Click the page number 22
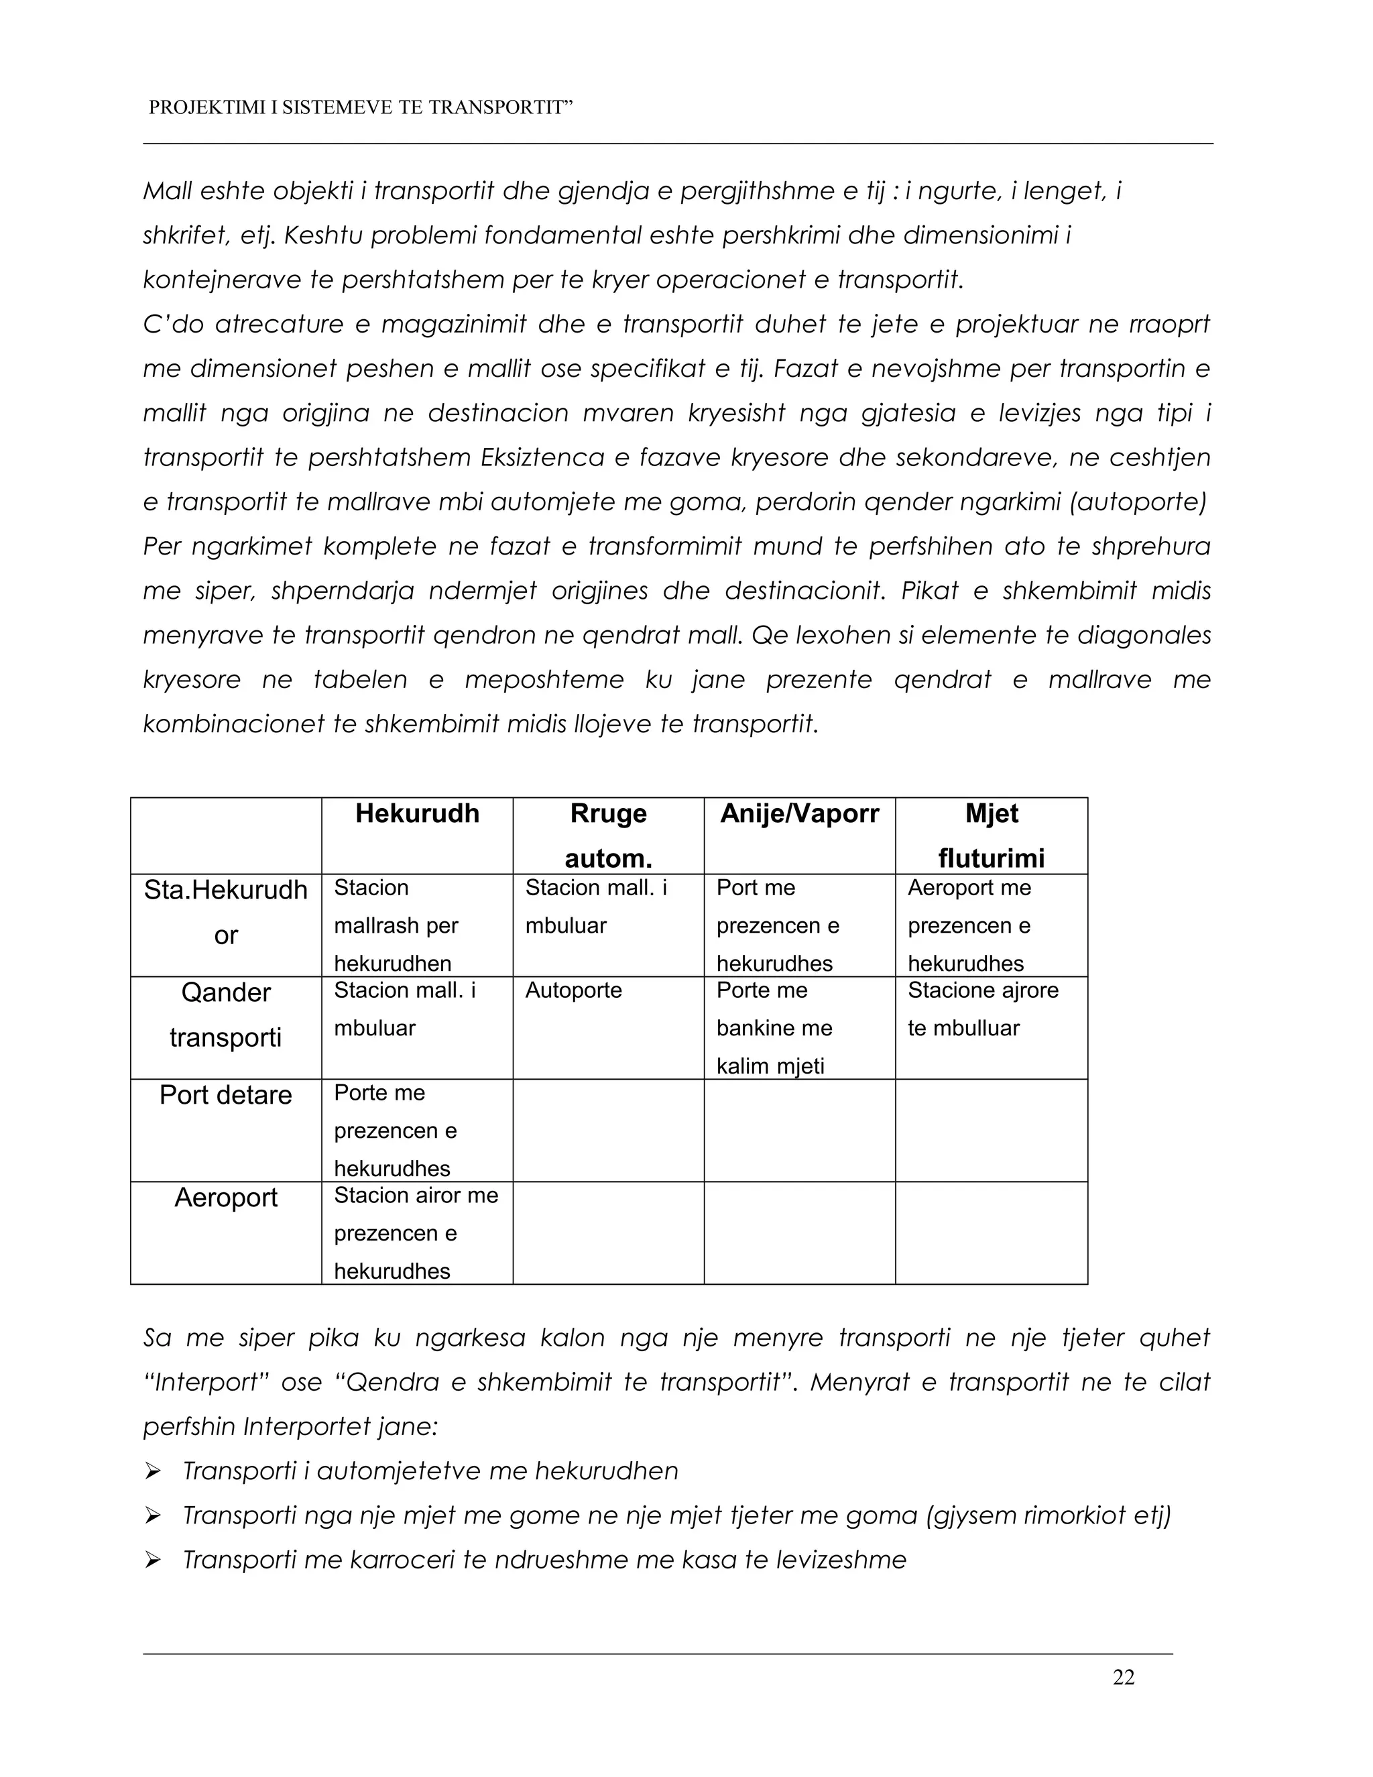pos(1124,1677)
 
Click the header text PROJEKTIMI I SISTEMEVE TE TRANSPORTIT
pos(360,107)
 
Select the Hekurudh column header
pos(417,813)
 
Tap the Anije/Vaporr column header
pos(800,813)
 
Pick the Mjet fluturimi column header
pos(992,836)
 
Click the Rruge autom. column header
pos(609,836)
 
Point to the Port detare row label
pos(225,1095)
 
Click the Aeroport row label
pos(225,1198)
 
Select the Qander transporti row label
pos(225,1015)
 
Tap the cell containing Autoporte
pos(573,990)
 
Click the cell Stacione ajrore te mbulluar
pos(983,1009)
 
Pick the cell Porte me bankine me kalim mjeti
pos(774,1027)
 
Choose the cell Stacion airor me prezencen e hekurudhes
pos(416,1233)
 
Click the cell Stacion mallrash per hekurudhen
pos(396,925)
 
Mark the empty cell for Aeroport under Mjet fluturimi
pos(992,1233)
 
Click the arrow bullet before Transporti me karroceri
pos(152,1560)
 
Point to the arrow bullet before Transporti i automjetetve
pos(152,1471)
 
